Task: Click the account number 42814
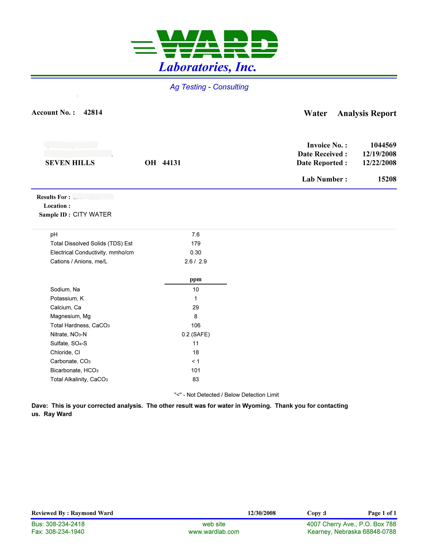[93, 112]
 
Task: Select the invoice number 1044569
[383, 145]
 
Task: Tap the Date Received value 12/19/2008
[379, 154]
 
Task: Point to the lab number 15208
[387, 179]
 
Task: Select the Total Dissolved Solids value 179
[196, 244]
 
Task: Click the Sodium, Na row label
[65, 289]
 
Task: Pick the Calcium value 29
[196, 307]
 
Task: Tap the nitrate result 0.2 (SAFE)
[196, 334]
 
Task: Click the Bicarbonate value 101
[196, 370]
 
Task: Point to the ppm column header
[196, 279]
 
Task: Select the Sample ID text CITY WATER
[92, 215]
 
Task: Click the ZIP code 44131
[171, 163]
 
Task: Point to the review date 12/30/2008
[261, 513]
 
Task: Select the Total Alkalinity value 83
[196, 379]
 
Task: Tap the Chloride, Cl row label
[65, 352]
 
